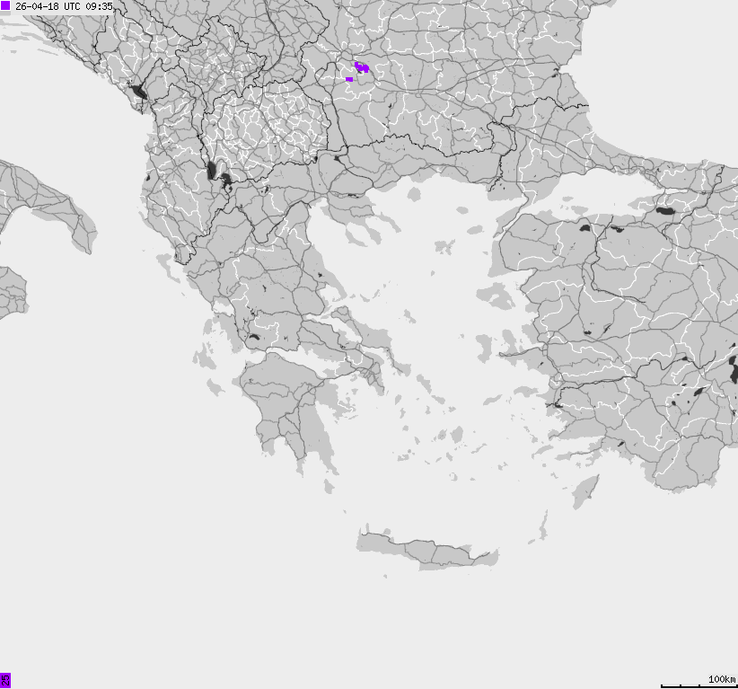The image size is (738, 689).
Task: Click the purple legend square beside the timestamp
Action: (x=6, y=5)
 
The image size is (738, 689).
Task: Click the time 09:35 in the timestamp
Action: (x=99, y=6)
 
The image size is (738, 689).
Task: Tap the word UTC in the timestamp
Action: (x=73, y=6)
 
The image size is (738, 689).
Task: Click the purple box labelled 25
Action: (x=5, y=680)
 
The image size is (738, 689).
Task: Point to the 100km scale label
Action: (x=721, y=679)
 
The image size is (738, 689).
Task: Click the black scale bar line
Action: (x=698, y=685)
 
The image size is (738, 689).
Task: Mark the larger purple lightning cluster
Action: (x=362, y=67)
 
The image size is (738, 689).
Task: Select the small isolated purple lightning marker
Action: (x=349, y=79)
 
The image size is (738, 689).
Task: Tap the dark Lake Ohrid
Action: (x=212, y=171)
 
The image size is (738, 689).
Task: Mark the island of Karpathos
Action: (x=541, y=526)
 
